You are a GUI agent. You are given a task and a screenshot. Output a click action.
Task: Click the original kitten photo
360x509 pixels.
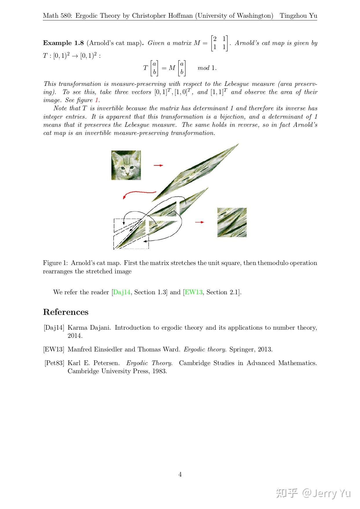pos(126,165)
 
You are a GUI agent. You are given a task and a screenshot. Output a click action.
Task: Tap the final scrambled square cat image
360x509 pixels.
pos(232,222)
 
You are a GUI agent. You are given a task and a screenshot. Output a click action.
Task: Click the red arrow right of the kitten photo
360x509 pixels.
pos(158,165)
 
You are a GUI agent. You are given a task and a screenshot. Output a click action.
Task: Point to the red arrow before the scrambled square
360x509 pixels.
pos(200,222)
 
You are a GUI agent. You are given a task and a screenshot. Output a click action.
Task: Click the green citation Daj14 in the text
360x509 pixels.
pos(122,292)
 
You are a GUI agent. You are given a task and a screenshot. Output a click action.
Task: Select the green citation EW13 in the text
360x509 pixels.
pos(193,292)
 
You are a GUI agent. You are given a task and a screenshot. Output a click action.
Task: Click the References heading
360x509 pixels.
pos(66,312)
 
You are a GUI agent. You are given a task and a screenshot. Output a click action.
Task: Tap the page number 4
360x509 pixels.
pos(180,474)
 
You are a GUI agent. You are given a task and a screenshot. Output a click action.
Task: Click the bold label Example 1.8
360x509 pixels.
pos(63,43)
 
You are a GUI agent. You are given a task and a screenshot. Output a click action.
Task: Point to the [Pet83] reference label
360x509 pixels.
pos(54,363)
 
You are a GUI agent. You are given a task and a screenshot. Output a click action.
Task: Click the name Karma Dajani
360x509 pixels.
pos(88,328)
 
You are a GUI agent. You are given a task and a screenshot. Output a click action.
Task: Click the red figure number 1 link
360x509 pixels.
pos(97,100)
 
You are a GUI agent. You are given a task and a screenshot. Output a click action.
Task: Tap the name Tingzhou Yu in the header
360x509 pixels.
pos(298,16)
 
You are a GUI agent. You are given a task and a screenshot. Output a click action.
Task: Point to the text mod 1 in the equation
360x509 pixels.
pos(207,68)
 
